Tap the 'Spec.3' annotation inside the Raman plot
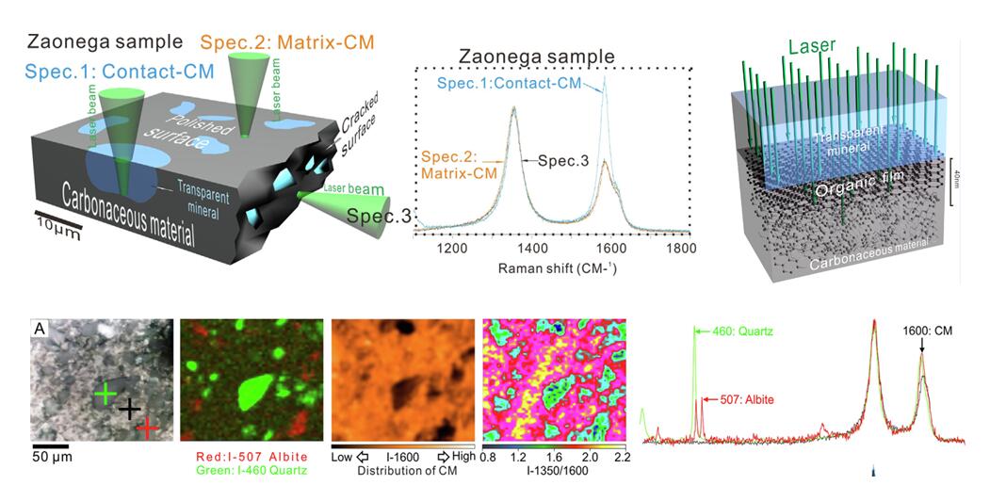coord(563,161)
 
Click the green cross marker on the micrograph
coord(105,394)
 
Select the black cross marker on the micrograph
coord(129,409)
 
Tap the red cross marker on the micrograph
coord(147,428)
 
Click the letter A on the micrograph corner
coord(41,329)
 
